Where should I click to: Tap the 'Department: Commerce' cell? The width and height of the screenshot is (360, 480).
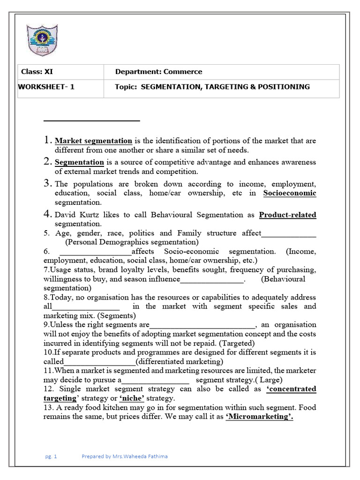point(158,72)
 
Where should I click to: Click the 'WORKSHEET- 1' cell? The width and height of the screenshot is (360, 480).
point(46,87)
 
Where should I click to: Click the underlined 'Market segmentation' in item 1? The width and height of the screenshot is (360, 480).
point(93,141)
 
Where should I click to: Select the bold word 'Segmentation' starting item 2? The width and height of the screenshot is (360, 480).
point(79,162)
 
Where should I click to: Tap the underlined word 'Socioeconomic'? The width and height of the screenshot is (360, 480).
point(289,193)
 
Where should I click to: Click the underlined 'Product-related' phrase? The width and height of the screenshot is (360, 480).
point(287,215)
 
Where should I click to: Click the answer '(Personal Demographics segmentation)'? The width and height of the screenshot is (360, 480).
point(132,242)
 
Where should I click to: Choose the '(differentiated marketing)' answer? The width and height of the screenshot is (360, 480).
point(180,361)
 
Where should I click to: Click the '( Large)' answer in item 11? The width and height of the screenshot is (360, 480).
point(267,380)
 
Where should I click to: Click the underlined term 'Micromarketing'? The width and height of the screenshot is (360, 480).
point(259,417)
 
